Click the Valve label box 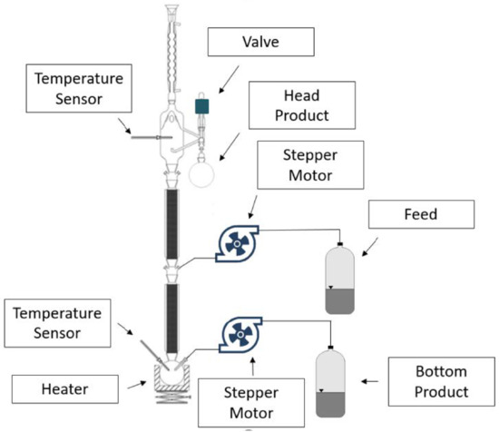pyautogui.click(x=261, y=42)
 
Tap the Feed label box pyautogui.click(x=422, y=215)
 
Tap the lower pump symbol pyautogui.click(x=240, y=333)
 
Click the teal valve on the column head pyautogui.click(x=202, y=106)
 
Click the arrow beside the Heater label pyautogui.click(x=135, y=386)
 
